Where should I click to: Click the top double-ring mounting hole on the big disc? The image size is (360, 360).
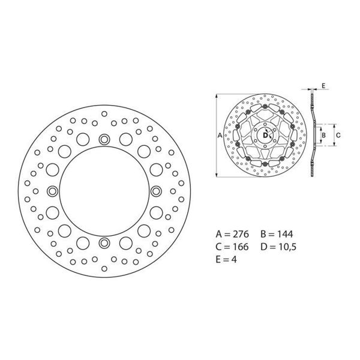[104, 139]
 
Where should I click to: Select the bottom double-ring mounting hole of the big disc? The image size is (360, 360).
[104, 243]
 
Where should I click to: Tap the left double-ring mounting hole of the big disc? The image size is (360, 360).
[52, 191]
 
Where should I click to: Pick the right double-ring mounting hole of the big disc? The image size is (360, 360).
[156, 191]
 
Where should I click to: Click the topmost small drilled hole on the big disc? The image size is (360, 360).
[104, 114]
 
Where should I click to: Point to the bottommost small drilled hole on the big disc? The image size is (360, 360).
[104, 269]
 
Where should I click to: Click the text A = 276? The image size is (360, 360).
[232, 234]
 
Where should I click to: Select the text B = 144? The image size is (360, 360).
[277, 234]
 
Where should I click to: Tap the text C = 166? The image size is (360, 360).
[232, 247]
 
